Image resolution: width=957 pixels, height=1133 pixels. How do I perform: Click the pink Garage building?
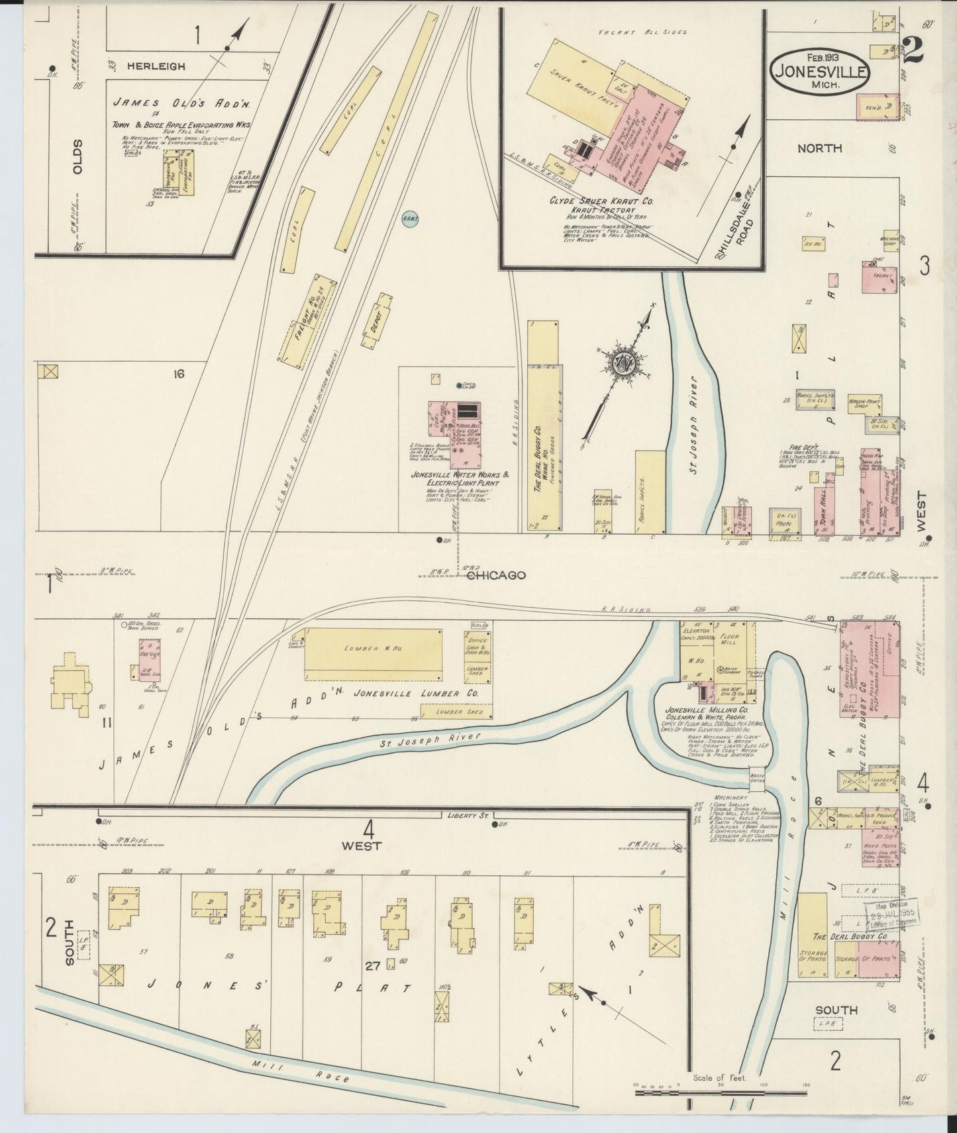tap(150, 659)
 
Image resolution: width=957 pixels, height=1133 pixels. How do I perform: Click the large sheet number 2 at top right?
tap(913, 50)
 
